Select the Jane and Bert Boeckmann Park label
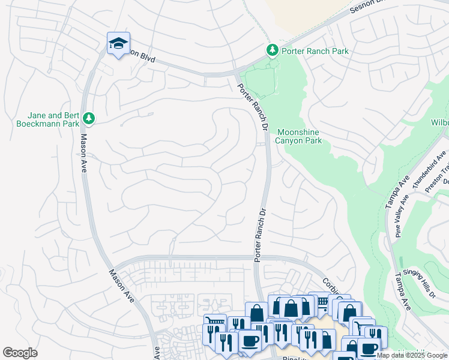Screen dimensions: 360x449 tap(53, 119)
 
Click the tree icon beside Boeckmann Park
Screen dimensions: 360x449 tap(89, 118)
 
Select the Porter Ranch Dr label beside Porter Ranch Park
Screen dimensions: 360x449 tap(252, 108)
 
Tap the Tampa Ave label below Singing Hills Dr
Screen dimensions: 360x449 tap(402, 292)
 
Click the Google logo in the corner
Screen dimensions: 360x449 tap(20, 353)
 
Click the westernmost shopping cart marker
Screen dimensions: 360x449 tap(213, 322)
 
